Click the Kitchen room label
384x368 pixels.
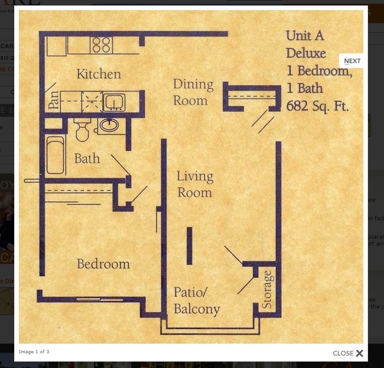click(99, 75)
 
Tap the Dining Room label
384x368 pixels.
click(193, 92)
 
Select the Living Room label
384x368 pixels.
click(194, 184)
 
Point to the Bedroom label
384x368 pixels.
click(103, 264)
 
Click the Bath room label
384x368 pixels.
click(87, 159)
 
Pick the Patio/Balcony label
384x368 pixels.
click(197, 301)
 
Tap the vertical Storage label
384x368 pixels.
click(268, 289)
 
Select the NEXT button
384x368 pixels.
click(352, 61)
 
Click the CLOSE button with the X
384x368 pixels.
click(348, 353)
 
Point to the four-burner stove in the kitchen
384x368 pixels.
click(102, 45)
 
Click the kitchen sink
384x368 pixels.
click(113, 102)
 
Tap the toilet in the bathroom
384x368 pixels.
click(82, 130)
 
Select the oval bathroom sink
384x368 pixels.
click(108, 125)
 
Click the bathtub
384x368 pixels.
click(55, 155)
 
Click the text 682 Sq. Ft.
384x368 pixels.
click(317, 106)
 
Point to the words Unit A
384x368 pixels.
click(305, 35)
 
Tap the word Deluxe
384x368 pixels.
click(306, 53)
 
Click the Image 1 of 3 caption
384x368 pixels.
click(34, 351)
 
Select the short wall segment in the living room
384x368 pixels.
click(190, 246)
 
